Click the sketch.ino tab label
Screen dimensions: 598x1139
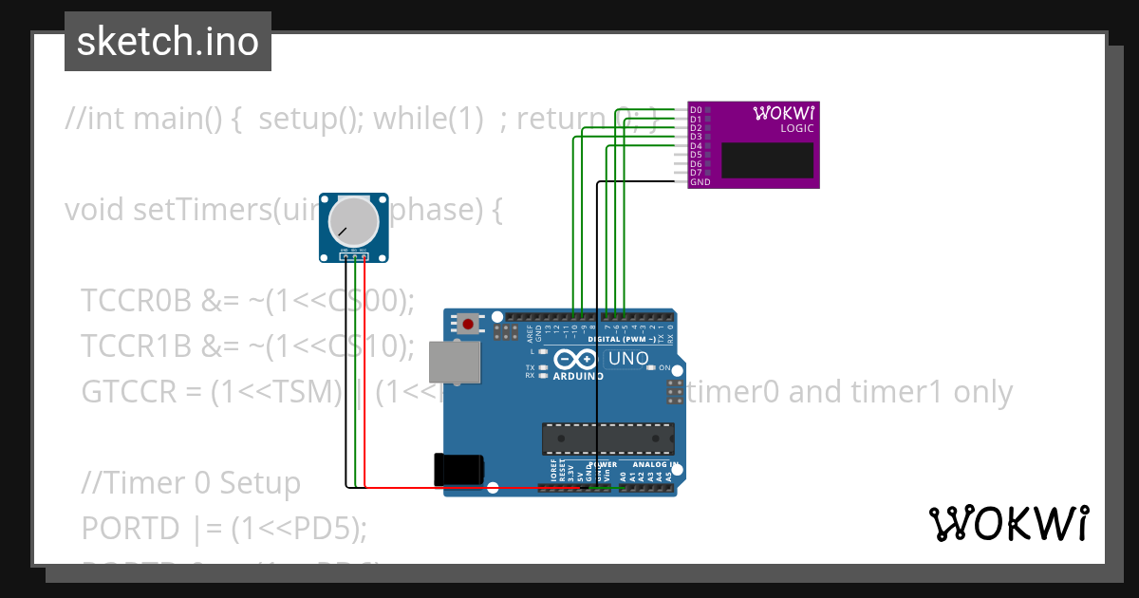click(x=168, y=42)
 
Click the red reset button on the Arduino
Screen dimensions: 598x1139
click(x=468, y=324)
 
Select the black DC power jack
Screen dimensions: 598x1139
click(x=458, y=471)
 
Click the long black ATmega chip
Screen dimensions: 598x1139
click(x=608, y=439)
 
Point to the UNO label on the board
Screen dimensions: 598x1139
click(x=627, y=359)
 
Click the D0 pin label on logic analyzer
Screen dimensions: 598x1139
click(x=696, y=109)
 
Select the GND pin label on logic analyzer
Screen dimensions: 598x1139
click(x=700, y=182)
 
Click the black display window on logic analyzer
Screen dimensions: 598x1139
click(x=767, y=160)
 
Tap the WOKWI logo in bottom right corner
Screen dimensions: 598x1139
click(x=1008, y=523)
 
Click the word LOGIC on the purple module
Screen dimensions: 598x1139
click(x=796, y=128)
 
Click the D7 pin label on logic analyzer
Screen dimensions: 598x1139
click(x=696, y=173)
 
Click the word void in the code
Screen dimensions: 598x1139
click(x=95, y=210)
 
